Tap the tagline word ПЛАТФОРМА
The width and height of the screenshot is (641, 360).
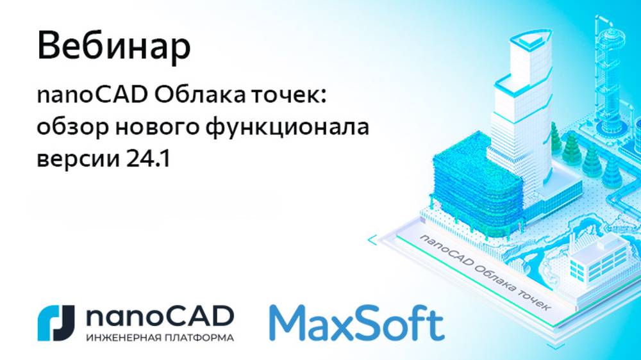(197, 337)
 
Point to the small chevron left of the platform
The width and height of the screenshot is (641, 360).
(372, 241)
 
